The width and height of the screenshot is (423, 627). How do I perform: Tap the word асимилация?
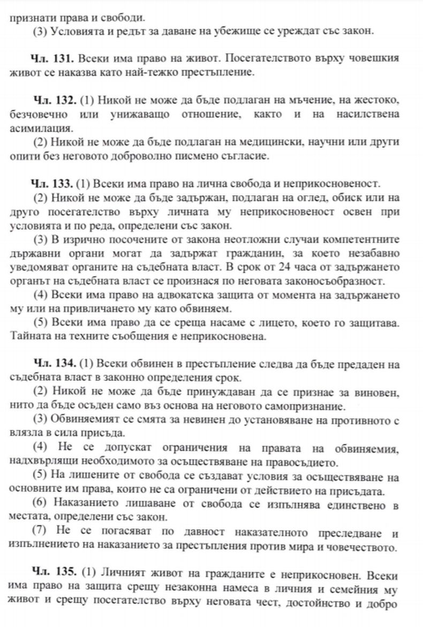pyautogui.click(x=40, y=129)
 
